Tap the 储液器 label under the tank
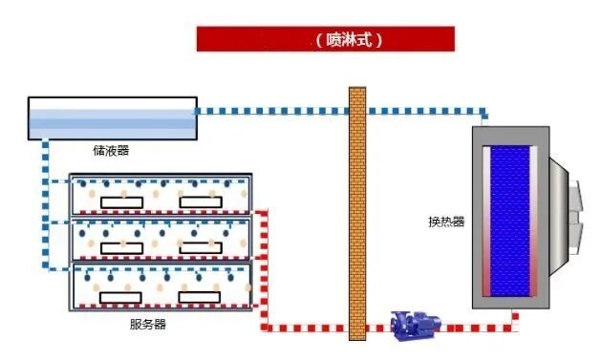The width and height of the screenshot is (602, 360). (x=110, y=149)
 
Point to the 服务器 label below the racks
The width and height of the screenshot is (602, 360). (x=147, y=324)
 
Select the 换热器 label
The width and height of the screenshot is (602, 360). (x=445, y=222)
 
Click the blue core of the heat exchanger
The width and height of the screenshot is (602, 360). (x=515, y=218)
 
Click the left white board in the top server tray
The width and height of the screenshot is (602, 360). (x=119, y=201)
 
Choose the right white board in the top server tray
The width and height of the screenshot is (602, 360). (x=204, y=201)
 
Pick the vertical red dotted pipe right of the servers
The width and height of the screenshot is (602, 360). (x=265, y=267)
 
